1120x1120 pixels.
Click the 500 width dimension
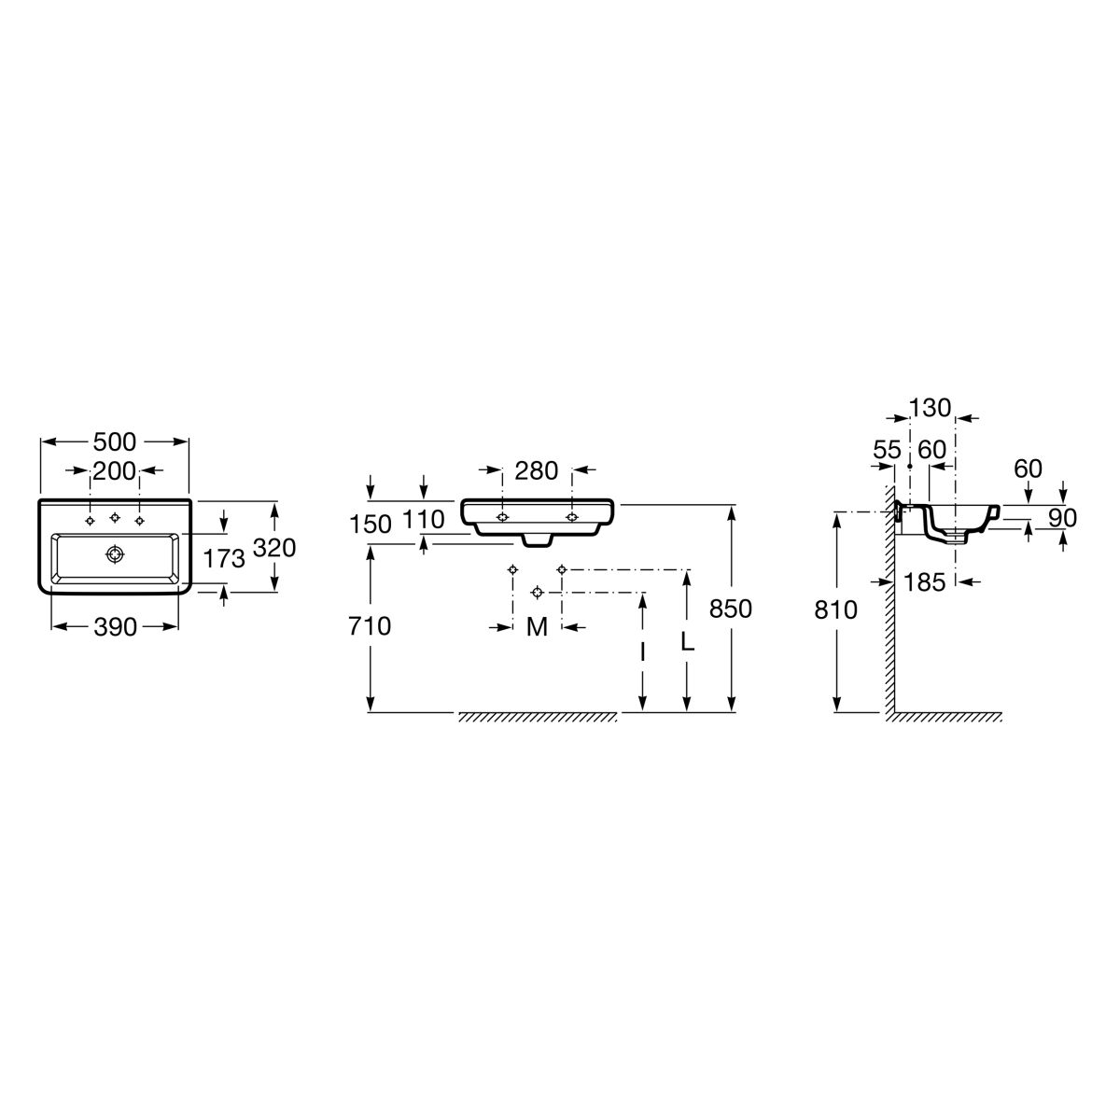click(x=115, y=441)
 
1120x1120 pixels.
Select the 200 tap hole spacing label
click(x=115, y=470)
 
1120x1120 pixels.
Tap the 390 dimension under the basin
click(x=115, y=626)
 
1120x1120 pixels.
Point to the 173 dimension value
click(x=224, y=558)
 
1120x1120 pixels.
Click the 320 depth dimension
click(x=275, y=548)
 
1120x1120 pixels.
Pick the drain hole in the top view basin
click(x=115, y=553)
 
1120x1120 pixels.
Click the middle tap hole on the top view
click(x=115, y=517)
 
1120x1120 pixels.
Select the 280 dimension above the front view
click(x=536, y=470)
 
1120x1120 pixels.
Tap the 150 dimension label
click(x=371, y=525)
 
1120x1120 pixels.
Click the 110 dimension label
click(x=423, y=519)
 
